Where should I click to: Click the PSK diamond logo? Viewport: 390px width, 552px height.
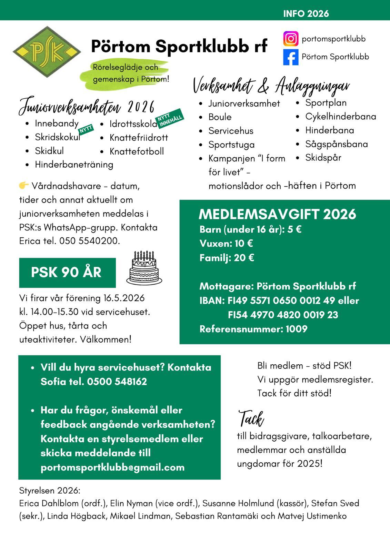(x=47, y=52)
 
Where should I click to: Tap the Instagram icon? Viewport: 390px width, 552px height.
(x=291, y=39)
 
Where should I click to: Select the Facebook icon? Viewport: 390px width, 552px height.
(x=291, y=57)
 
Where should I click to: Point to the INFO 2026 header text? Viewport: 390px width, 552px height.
(x=306, y=14)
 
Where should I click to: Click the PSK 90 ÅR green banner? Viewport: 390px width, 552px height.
(x=67, y=273)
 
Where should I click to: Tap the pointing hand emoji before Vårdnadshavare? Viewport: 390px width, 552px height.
(x=24, y=186)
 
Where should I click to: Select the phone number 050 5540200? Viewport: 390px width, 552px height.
(x=89, y=241)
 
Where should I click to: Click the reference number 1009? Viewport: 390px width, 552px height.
(x=296, y=329)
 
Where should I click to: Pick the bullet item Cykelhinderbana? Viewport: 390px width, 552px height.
(x=340, y=117)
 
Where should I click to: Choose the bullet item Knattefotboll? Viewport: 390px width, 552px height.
(x=137, y=151)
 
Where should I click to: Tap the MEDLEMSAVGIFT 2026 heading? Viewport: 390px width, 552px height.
(x=277, y=214)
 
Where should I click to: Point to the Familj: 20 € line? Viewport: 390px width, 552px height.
(x=227, y=258)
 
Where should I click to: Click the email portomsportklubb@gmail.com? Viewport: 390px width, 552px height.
(x=112, y=467)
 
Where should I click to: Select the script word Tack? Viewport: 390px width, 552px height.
(x=251, y=419)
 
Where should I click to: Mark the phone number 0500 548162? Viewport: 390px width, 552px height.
(x=117, y=382)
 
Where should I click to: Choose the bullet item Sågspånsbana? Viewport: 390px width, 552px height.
(x=336, y=144)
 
